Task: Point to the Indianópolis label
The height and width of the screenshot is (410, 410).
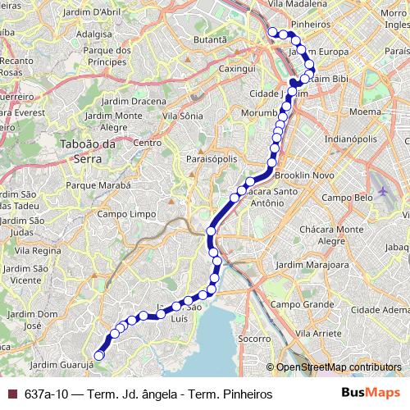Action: [351, 139]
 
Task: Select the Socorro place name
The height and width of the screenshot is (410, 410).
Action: [253, 338]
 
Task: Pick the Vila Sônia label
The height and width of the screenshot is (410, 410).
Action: [182, 116]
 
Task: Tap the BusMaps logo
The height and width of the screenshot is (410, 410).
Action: [367, 392]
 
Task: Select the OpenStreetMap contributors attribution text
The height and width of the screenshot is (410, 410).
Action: [338, 367]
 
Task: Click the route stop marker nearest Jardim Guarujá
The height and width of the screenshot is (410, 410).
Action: [99, 355]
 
